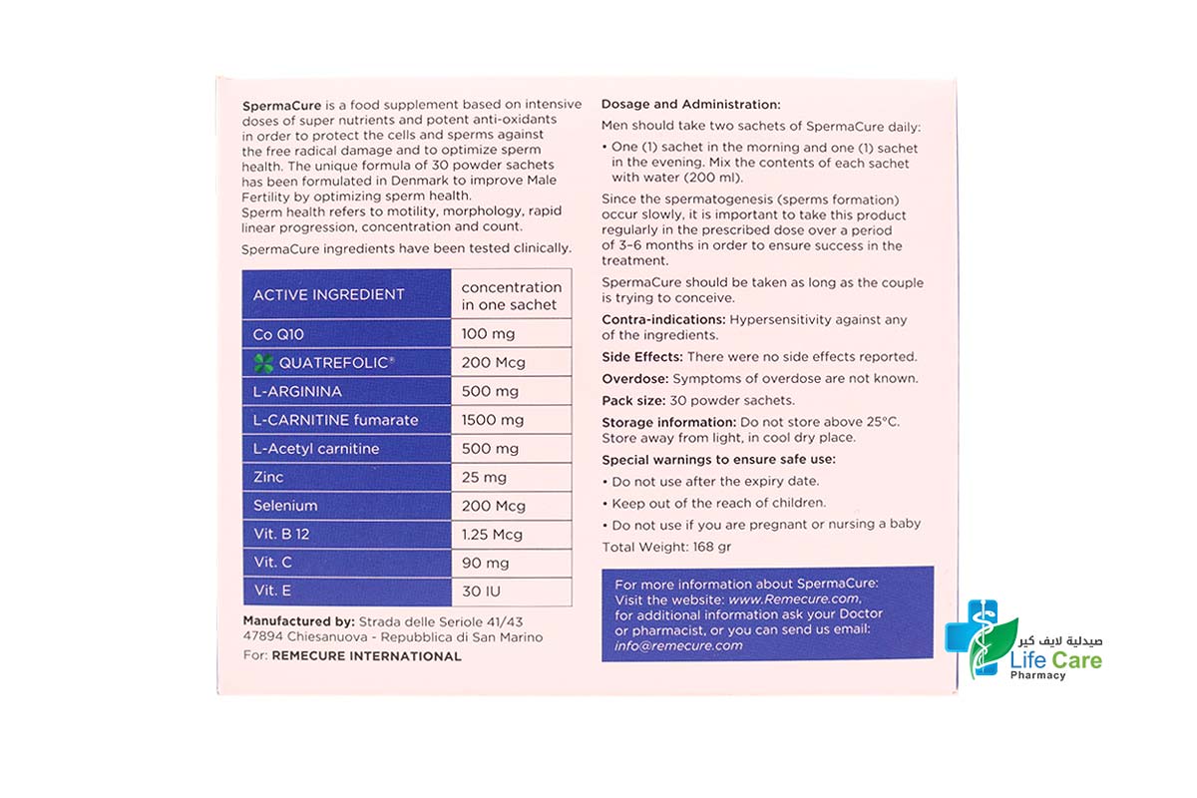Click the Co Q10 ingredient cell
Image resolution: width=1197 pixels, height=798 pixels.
[x=345, y=334]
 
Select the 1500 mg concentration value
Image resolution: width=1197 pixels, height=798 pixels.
[x=492, y=420]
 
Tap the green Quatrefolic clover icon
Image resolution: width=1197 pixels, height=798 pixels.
[x=262, y=363]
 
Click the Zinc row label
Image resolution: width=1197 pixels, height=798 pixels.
[x=268, y=478]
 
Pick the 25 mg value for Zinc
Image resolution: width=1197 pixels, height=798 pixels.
[x=484, y=478]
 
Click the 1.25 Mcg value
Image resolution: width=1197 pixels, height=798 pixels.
[x=492, y=535]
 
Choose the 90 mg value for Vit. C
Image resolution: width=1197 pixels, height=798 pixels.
[x=484, y=563]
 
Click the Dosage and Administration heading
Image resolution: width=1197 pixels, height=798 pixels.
[x=690, y=104]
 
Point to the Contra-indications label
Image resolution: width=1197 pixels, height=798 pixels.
[x=663, y=319]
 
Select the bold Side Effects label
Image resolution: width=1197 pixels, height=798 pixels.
[x=641, y=356]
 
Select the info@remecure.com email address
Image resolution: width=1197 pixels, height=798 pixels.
[x=678, y=645]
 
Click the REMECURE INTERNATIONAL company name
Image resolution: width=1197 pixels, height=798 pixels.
[x=366, y=656]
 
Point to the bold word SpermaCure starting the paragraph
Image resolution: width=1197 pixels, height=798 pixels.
[x=280, y=105]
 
